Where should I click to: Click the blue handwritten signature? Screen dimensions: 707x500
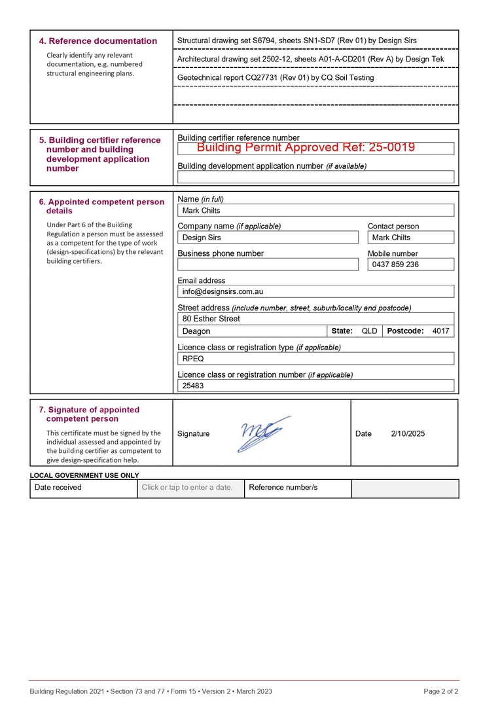click(x=261, y=433)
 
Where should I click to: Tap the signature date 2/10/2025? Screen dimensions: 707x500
click(x=408, y=433)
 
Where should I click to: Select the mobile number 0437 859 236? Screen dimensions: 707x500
click(x=395, y=264)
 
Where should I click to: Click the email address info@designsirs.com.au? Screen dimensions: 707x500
click(x=223, y=291)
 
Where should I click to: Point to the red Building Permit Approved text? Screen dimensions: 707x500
click(x=306, y=148)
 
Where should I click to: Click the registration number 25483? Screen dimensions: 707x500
click(x=193, y=386)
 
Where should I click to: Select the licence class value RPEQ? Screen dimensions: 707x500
click(x=193, y=359)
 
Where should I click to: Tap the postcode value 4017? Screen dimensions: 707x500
click(x=440, y=331)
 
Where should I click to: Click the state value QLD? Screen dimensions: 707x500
click(x=369, y=331)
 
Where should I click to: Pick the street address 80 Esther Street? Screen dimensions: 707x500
click(x=211, y=319)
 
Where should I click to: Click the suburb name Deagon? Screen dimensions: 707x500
click(x=196, y=331)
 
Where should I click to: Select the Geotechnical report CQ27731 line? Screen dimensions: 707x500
click(x=276, y=78)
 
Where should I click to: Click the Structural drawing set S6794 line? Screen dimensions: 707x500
click(x=296, y=41)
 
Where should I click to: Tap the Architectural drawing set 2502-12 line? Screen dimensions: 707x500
click(x=310, y=59)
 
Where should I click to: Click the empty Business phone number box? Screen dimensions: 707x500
click(x=268, y=264)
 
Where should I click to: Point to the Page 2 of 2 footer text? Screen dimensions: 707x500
click(x=440, y=691)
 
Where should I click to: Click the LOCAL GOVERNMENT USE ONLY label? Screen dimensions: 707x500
click(x=84, y=475)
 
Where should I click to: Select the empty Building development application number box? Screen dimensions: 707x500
click(x=315, y=177)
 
